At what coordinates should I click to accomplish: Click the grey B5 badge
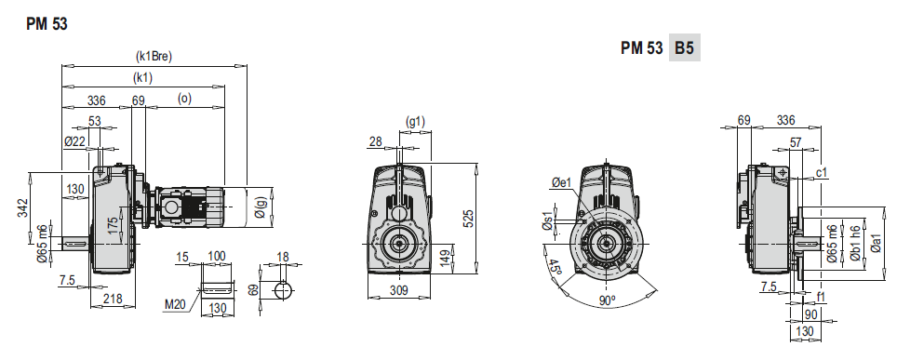pyautogui.click(x=685, y=49)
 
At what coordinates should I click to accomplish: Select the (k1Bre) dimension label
pyautogui.click(x=154, y=56)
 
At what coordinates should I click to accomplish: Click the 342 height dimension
pyautogui.click(x=23, y=210)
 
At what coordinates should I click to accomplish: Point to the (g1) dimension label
pyautogui.click(x=416, y=122)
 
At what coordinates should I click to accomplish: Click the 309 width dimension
pyautogui.click(x=398, y=292)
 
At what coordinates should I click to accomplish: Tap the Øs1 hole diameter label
pyautogui.click(x=547, y=222)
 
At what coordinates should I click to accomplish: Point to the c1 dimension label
pyautogui.click(x=822, y=173)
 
